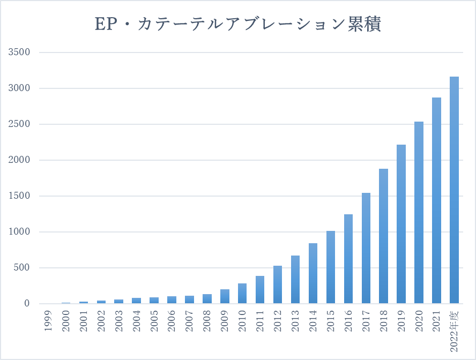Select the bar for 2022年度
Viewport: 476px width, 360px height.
click(454, 190)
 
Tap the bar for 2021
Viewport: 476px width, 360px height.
click(436, 200)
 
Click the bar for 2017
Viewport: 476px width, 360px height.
click(366, 248)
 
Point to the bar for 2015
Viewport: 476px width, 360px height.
click(330, 267)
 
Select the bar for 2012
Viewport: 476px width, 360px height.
click(278, 284)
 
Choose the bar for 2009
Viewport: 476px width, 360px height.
click(225, 296)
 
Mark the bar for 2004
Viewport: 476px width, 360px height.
click(136, 301)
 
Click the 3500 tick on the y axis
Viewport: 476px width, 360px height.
click(19, 52)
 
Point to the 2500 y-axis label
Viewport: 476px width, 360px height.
click(19, 124)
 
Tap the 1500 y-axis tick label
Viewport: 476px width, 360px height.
click(19, 196)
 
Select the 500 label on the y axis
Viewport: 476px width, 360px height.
click(22, 268)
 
